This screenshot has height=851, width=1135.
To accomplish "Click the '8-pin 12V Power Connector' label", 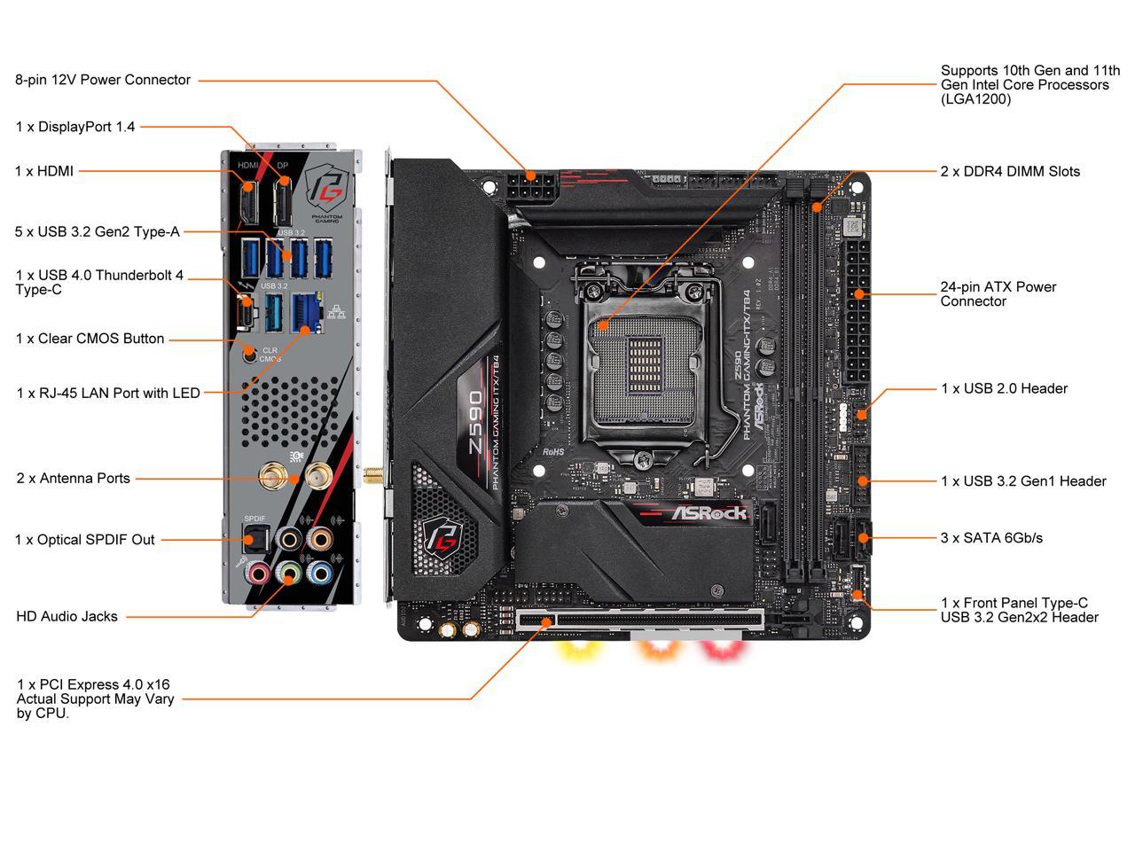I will pyautogui.click(x=103, y=80).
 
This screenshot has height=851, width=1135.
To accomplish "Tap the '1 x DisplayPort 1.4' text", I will pyautogui.click(x=75, y=127).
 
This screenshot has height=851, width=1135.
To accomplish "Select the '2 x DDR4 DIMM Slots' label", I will pyautogui.click(x=1010, y=171).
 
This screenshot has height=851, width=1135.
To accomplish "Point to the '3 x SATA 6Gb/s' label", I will pyautogui.click(x=991, y=537).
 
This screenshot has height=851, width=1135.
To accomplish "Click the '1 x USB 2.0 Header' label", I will pyautogui.click(x=1004, y=388).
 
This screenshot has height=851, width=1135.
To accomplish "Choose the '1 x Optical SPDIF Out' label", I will pyautogui.click(x=85, y=539).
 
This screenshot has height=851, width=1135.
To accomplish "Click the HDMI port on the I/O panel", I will pyautogui.click(x=248, y=202).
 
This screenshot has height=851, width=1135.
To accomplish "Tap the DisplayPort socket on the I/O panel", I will pyautogui.click(x=283, y=202).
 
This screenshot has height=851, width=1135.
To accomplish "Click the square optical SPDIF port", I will pyautogui.click(x=255, y=537).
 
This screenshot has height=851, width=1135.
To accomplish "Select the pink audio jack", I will pyautogui.click(x=257, y=573).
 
